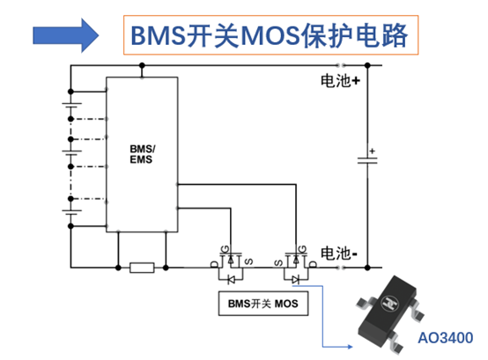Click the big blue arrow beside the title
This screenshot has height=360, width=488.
coord(66,35)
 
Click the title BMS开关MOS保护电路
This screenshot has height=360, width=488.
coord(270,35)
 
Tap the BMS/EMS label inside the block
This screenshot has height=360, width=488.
coord(142,154)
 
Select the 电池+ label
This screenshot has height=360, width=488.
coord(341,81)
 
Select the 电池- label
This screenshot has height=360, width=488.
coord(338,253)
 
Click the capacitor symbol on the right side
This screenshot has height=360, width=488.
coord(367,160)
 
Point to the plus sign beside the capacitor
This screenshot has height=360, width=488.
coord(373,151)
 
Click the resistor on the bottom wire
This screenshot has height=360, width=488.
coord(142,268)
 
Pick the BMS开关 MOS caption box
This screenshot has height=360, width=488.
coord(263,304)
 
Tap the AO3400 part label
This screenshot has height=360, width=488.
coord(446,338)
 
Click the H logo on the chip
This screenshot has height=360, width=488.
coord(390,303)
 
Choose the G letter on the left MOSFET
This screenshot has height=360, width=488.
coord(225,249)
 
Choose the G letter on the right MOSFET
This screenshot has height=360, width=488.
coord(302,249)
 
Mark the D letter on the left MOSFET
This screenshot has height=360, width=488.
coord(214,264)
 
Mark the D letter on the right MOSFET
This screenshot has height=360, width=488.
coord(313,264)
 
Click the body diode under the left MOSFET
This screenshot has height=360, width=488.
coord(231,279)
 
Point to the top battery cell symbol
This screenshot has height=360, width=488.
coord(71,105)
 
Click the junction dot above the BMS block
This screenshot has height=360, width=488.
coord(142,65)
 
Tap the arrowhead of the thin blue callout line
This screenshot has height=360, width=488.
coord(350,347)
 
